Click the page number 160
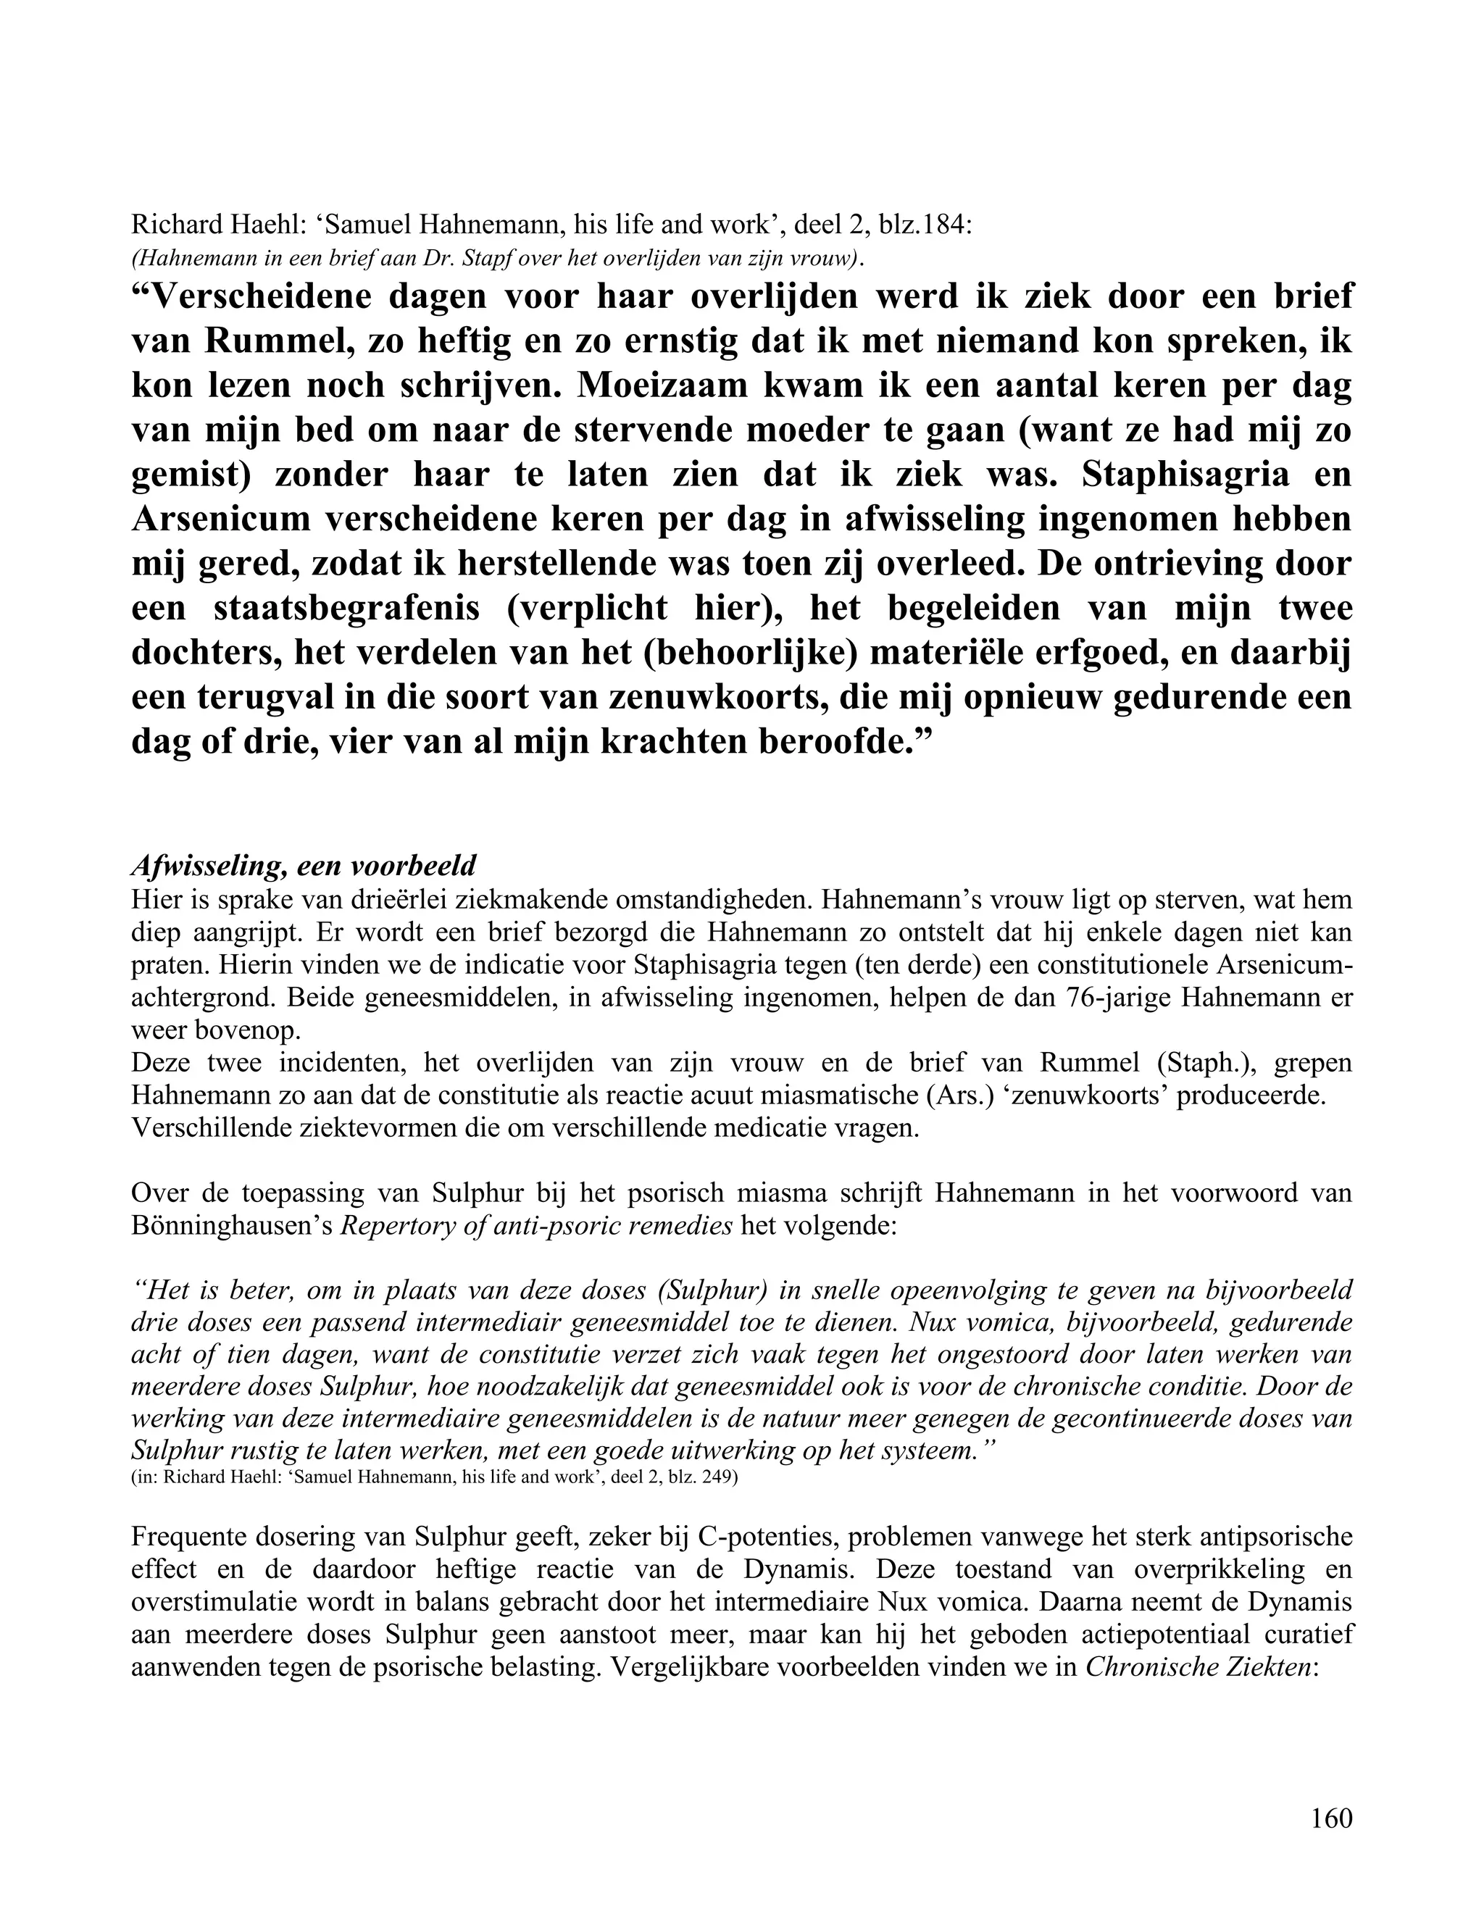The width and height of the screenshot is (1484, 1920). pos(1331,1817)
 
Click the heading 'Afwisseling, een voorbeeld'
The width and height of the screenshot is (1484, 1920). pos(304,866)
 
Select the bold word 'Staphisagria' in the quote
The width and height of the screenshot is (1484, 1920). pos(1199,475)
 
